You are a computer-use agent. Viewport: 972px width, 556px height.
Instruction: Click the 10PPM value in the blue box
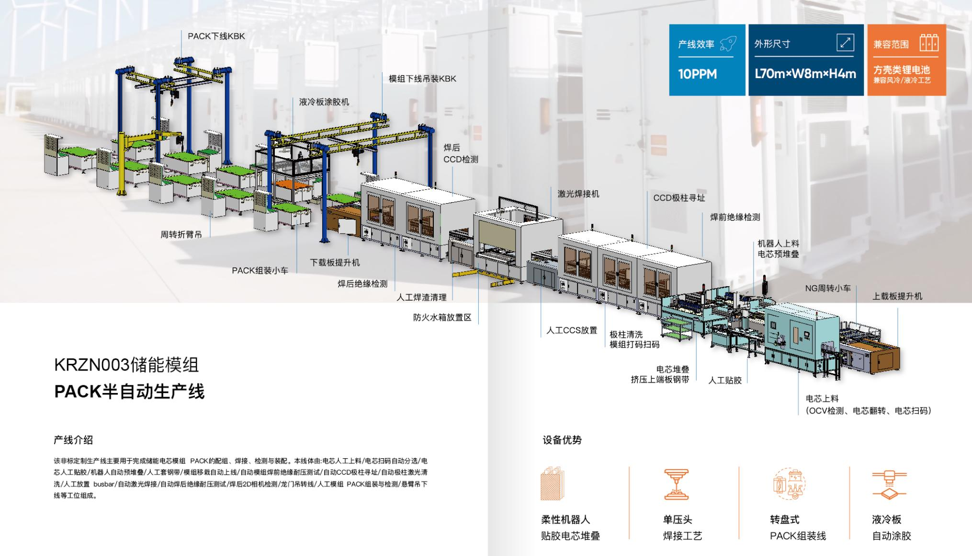[697, 74]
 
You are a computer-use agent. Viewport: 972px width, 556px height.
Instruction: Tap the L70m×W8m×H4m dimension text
[805, 74]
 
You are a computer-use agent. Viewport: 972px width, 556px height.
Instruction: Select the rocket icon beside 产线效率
[727, 44]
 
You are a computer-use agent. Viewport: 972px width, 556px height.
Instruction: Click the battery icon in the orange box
[928, 43]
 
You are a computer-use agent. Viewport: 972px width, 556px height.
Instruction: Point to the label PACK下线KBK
[216, 36]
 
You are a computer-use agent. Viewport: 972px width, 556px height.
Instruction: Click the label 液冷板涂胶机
[324, 102]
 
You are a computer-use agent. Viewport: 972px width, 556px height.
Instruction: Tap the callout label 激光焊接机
[578, 194]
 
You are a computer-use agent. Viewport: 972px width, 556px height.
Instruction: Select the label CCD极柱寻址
[679, 198]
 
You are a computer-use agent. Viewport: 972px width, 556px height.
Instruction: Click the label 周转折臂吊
[181, 235]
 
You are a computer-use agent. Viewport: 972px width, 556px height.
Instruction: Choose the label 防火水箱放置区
[442, 317]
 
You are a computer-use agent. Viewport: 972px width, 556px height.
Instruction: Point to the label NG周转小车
[828, 289]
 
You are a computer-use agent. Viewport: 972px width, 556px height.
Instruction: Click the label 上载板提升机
[897, 296]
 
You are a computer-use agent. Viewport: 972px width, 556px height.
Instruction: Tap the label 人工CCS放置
[572, 330]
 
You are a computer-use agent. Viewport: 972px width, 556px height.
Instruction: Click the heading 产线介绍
[73, 440]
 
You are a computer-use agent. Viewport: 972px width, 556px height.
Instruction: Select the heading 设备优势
[562, 440]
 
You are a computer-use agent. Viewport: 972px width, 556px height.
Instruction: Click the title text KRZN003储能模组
[126, 365]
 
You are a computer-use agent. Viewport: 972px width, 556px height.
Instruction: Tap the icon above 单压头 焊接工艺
[676, 485]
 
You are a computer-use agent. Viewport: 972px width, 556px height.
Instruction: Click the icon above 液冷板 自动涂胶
[889, 485]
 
